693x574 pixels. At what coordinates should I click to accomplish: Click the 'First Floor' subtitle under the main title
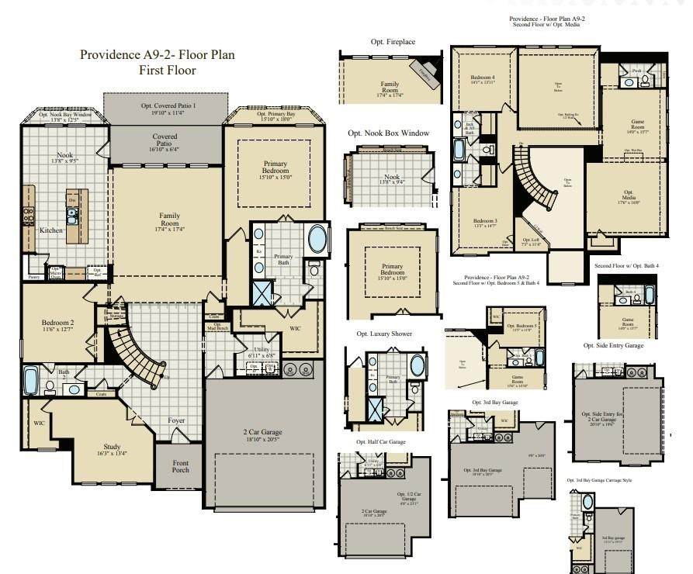click(167, 71)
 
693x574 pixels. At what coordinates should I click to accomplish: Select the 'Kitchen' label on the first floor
click(52, 230)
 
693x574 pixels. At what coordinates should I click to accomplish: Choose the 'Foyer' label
click(177, 420)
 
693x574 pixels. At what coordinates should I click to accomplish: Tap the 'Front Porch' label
click(179, 465)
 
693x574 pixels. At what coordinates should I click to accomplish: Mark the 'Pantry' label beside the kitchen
click(33, 276)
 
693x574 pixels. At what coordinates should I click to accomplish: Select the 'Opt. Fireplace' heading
click(390, 41)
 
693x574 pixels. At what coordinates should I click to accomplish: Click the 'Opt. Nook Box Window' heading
click(388, 133)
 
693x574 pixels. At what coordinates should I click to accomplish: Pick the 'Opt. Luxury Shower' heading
click(385, 334)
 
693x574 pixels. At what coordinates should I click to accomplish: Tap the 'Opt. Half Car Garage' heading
click(380, 442)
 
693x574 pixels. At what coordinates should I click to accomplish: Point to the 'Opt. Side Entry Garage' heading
click(613, 345)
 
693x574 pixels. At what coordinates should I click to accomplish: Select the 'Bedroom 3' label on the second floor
click(484, 223)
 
